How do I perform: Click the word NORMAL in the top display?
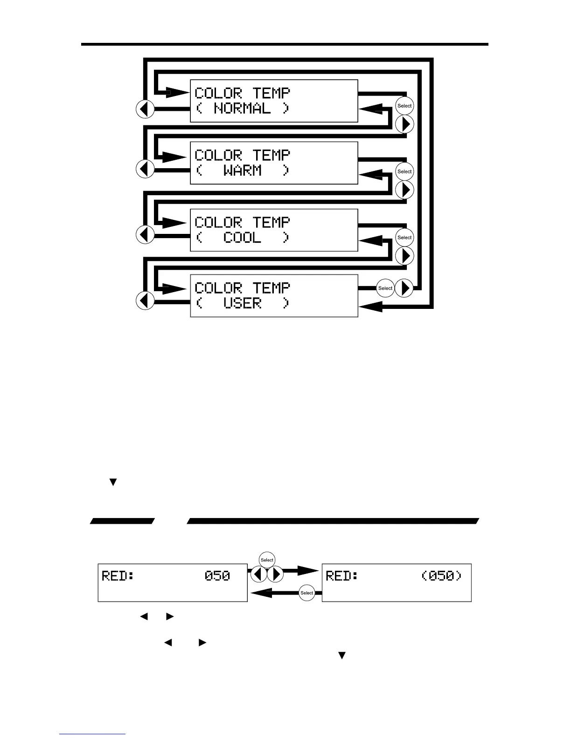[242, 109]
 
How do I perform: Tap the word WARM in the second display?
[242, 171]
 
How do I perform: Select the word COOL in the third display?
[242, 238]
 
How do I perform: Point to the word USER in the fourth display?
[242, 303]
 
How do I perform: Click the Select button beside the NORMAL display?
[404, 106]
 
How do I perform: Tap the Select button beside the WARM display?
[404, 171]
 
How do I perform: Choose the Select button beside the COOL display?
[404, 237]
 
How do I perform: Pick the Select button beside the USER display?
[385, 288]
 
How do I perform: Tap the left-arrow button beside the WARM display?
[145, 169]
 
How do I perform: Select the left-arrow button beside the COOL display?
[145, 234]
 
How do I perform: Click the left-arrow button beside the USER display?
[145, 301]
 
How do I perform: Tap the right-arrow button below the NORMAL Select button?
[404, 124]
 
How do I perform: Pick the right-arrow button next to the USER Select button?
[404, 288]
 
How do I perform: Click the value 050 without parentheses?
[217, 576]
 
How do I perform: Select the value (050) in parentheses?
[442, 576]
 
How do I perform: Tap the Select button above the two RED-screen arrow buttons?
[267, 560]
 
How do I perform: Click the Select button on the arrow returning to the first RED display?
[307, 593]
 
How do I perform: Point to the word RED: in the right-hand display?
[342, 576]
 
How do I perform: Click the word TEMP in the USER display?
[272, 288]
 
